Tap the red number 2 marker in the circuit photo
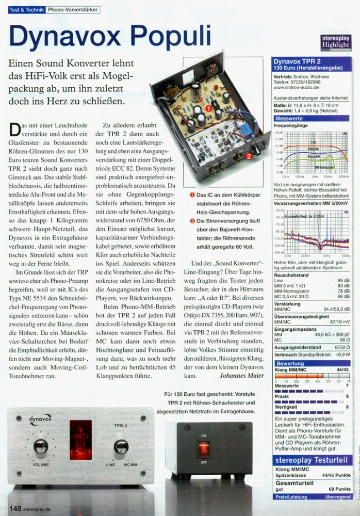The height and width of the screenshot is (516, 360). (x=249, y=155)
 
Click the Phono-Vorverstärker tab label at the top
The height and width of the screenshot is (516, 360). (x=72, y=10)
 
